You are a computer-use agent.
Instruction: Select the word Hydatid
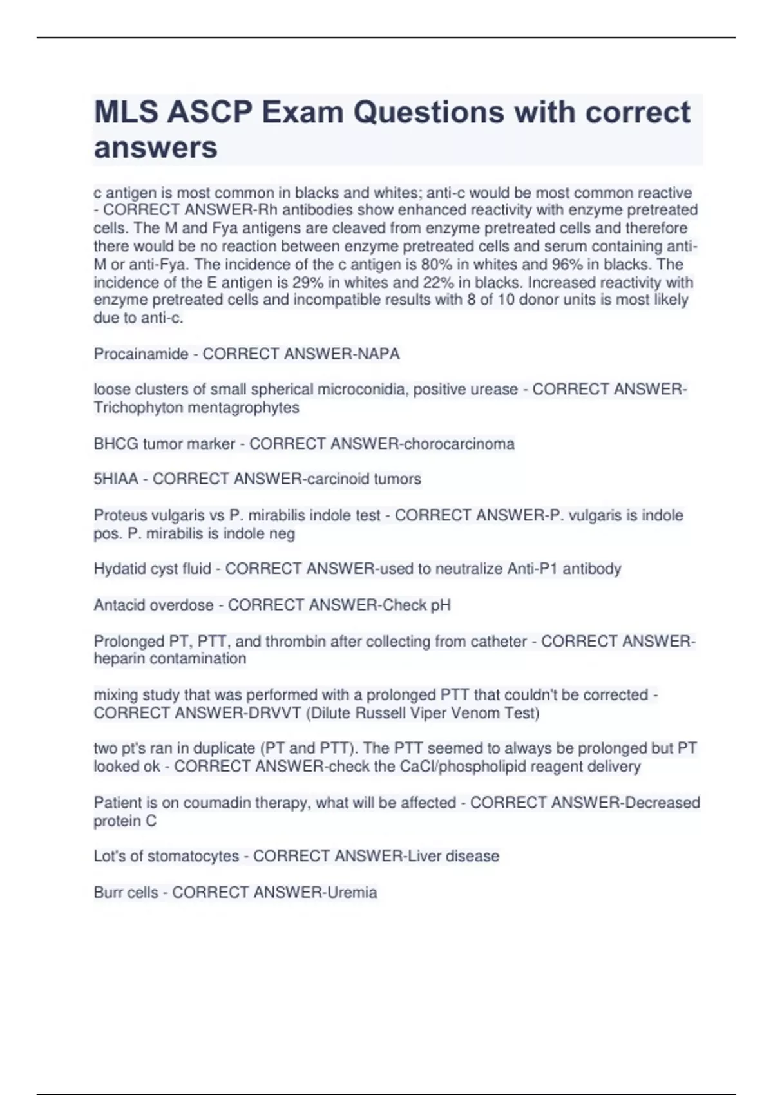coord(118,569)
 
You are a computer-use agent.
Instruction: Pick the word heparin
coord(119,659)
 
